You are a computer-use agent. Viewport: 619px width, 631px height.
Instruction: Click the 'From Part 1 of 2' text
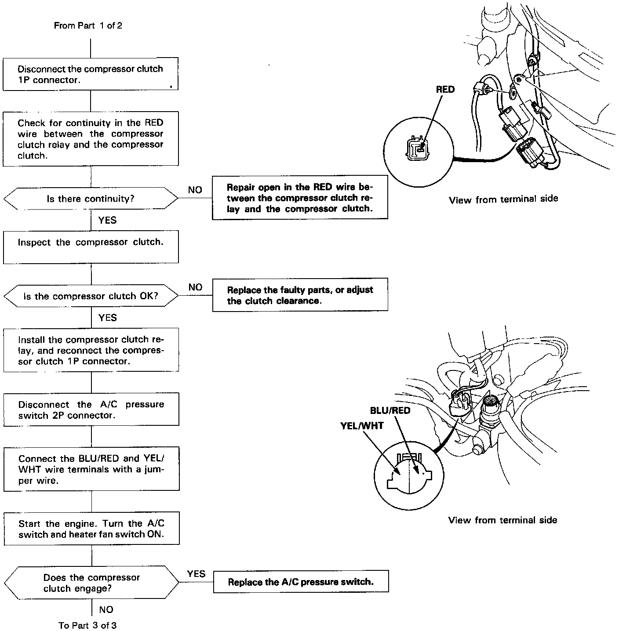pos(88,25)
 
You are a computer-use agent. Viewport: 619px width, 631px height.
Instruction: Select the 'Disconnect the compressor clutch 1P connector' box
pos(91,74)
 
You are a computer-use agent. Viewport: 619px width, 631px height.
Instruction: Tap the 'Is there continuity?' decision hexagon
pos(91,199)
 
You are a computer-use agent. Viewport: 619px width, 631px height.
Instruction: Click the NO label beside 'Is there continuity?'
pos(195,190)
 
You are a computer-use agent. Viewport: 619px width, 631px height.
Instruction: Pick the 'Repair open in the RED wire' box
pos(300,198)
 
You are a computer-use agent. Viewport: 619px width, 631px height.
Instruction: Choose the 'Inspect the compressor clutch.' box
pos(91,247)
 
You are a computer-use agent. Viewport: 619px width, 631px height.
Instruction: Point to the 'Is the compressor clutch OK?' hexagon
pos(91,296)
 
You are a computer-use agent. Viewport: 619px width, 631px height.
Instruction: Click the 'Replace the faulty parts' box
pos(300,295)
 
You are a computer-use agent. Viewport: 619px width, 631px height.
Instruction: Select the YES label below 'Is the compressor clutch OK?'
pos(107,317)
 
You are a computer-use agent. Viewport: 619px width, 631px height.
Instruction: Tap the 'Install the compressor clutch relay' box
pos(91,350)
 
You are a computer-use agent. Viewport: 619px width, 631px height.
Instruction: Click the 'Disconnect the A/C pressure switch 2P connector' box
pos(91,410)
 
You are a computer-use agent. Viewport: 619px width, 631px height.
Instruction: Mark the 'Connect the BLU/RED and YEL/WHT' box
pos(91,469)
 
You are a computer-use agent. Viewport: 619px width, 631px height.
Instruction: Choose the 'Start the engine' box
pos(91,529)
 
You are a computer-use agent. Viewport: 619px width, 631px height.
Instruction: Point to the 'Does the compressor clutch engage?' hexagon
pos(91,583)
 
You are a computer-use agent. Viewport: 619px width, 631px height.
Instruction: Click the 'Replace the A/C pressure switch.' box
pos(301,582)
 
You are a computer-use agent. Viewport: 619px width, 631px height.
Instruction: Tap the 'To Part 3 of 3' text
pos(87,625)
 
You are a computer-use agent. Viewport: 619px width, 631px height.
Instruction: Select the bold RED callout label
pos(445,89)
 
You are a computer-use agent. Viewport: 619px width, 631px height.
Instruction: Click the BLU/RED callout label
pos(390,410)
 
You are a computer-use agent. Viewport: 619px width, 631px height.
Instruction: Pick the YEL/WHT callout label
pos(362,425)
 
